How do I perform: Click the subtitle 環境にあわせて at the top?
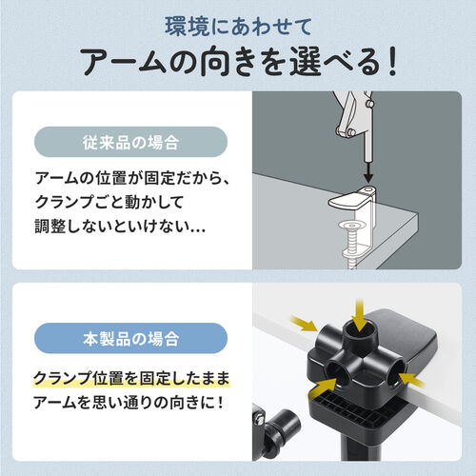coord(237,22)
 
